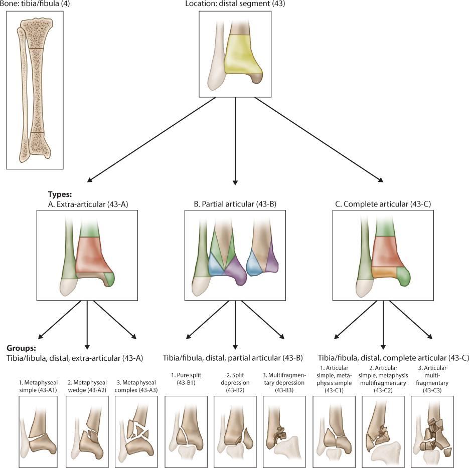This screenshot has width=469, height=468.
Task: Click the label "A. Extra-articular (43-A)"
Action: [x=87, y=204]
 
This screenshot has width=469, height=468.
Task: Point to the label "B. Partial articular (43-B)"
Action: [x=235, y=204]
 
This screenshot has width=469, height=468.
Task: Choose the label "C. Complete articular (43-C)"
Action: [x=383, y=204]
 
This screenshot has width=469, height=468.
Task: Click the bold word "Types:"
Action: [x=60, y=194]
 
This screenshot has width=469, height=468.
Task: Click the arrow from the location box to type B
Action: [x=235, y=140]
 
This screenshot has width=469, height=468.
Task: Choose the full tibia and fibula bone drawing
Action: [x=35, y=90]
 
